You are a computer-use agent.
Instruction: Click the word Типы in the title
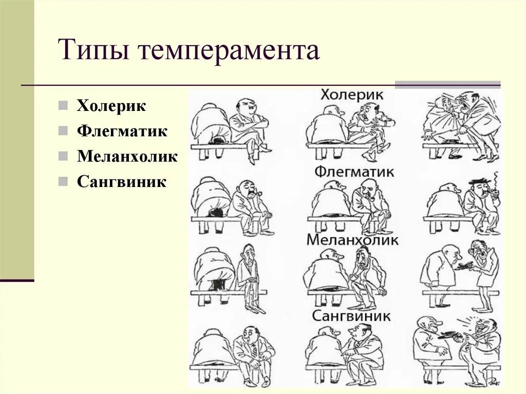[x=93, y=51]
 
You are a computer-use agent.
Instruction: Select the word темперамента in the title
[x=228, y=52]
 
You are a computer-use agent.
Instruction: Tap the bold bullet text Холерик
[x=111, y=106]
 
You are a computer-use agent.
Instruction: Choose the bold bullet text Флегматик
[x=122, y=130]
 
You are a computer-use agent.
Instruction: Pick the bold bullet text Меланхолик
[x=127, y=156]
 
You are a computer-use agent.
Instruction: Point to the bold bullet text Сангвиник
[x=122, y=181]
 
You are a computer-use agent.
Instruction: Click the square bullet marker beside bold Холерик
[x=63, y=106]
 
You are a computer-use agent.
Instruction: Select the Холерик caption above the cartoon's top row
[x=352, y=95]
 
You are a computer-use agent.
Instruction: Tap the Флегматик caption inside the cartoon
[x=354, y=171]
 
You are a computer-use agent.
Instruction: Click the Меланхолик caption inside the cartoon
[x=352, y=239]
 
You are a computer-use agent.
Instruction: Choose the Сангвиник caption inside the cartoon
[x=351, y=315]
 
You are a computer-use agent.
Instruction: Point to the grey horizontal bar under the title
[x=447, y=85]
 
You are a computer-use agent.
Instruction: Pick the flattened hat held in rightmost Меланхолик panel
[x=464, y=266]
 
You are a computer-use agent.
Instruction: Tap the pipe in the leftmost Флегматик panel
[x=260, y=193]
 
